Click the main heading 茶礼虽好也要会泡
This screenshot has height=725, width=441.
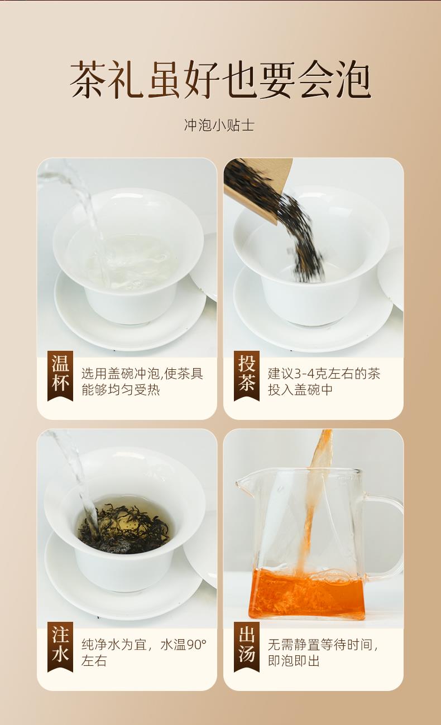(220, 79)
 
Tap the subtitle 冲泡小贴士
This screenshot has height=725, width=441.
(219, 125)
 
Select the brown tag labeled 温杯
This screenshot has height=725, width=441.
(60, 376)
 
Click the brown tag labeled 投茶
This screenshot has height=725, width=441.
(247, 376)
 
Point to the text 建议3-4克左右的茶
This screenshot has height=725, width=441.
(324, 374)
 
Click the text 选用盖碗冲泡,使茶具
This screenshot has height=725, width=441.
(142, 374)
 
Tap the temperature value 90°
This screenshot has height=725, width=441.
(196, 645)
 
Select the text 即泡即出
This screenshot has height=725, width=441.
(294, 661)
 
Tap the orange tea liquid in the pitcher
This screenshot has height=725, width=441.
(306, 595)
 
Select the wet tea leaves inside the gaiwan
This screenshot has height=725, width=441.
(124, 529)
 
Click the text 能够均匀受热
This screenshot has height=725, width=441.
(121, 390)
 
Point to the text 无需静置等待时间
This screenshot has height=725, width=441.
(320, 645)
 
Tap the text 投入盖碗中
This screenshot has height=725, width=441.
(300, 390)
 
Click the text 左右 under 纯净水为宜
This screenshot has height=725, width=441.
(94, 661)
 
